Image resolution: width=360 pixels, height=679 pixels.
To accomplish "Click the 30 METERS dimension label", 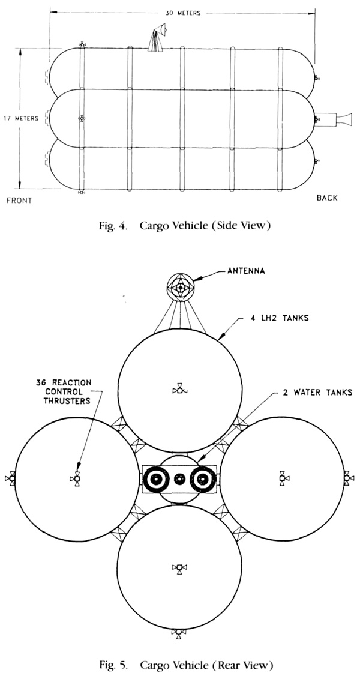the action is pyautogui.click(x=183, y=13).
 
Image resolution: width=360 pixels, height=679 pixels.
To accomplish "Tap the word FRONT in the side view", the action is pyautogui.click(x=20, y=201).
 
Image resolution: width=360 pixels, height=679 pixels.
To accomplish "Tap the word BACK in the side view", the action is pyautogui.click(x=326, y=198).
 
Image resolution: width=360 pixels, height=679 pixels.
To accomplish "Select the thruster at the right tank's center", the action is pyautogui.click(x=283, y=478).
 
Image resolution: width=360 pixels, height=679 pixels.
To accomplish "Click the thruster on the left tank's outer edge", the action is pyautogui.click(x=10, y=478).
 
